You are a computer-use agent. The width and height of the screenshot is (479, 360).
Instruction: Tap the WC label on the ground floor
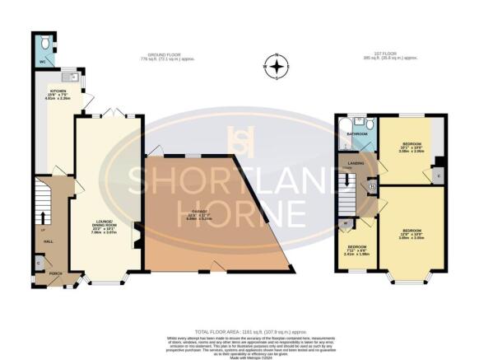[x=41, y=61]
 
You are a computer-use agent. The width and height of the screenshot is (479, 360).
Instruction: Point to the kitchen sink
[x=74, y=77]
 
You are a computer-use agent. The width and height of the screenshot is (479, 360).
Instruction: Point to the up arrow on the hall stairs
[x=41, y=218]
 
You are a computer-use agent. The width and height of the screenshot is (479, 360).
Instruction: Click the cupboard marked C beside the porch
[x=40, y=263]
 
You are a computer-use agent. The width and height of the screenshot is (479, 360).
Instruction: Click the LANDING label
[x=356, y=162]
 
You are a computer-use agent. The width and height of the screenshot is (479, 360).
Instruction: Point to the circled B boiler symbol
[x=371, y=187]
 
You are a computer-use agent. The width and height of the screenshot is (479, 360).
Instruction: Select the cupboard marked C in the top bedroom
[x=438, y=175]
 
